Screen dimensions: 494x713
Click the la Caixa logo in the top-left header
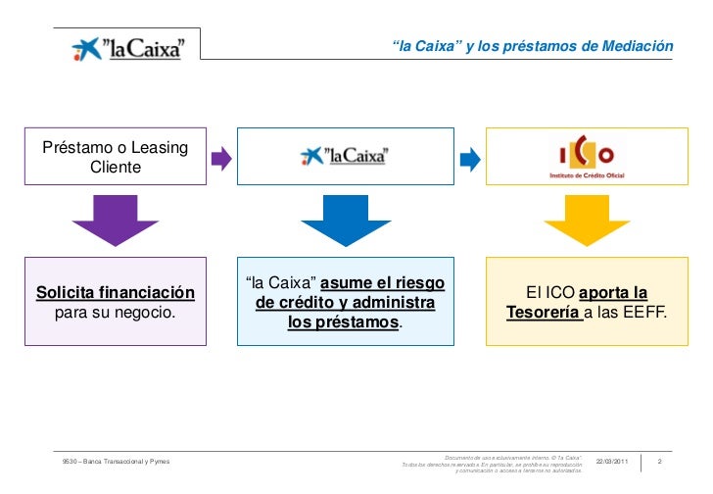(x=127, y=47)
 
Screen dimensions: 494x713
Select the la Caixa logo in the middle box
(x=345, y=155)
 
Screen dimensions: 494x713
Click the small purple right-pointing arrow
(x=221, y=157)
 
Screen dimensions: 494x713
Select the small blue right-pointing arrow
(x=470, y=157)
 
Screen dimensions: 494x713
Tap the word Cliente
(x=116, y=168)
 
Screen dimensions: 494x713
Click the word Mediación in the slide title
(x=638, y=46)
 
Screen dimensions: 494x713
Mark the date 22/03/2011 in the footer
(x=615, y=461)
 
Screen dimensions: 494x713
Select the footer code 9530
(x=71, y=461)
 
